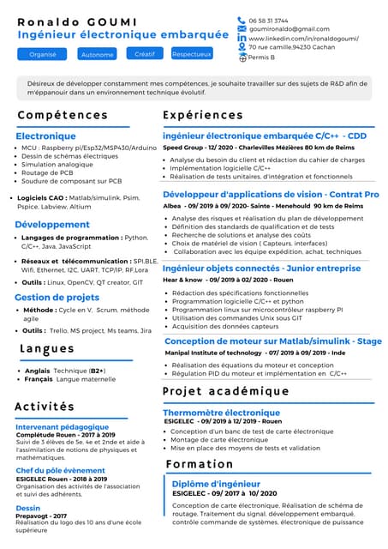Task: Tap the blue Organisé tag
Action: [42, 54]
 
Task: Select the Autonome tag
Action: [97, 55]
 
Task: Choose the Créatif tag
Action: [145, 54]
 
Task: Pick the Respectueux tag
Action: [192, 54]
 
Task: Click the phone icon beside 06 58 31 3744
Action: [242, 21]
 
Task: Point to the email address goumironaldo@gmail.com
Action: [289, 29]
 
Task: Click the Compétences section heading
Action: [63, 115]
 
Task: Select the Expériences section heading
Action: [203, 115]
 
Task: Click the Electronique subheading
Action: [45, 136]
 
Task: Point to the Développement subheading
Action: [52, 225]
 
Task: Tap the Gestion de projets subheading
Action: [57, 297]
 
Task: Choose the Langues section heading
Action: [47, 349]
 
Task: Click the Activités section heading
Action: [57, 407]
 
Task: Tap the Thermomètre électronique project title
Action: [221, 413]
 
